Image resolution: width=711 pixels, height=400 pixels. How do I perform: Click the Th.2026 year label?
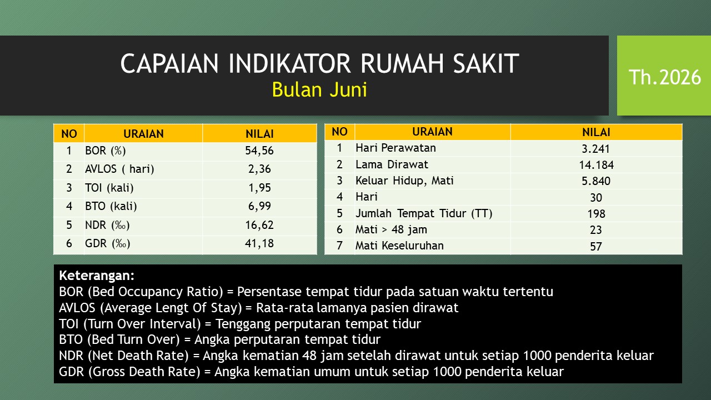click(x=665, y=77)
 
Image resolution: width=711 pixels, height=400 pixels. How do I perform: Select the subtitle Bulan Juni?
click(x=319, y=89)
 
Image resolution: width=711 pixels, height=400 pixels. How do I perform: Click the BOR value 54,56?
click(x=259, y=151)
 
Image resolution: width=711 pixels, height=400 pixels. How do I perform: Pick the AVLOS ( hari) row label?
click(x=119, y=169)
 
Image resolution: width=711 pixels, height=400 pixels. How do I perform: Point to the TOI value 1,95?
click(x=259, y=188)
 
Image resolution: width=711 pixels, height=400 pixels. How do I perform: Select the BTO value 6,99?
click(x=259, y=206)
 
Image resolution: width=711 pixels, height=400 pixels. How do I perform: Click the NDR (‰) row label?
click(x=107, y=225)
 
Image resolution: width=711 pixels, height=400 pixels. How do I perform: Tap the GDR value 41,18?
click(x=259, y=243)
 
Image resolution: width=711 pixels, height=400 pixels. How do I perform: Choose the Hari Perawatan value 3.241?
click(x=596, y=149)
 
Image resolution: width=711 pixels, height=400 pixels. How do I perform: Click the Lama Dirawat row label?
click(x=392, y=164)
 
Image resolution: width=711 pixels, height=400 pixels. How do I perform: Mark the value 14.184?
click(x=596, y=165)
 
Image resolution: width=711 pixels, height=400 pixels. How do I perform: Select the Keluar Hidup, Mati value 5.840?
click(x=596, y=181)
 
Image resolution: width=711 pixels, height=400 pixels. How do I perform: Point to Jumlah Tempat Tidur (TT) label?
click(x=424, y=213)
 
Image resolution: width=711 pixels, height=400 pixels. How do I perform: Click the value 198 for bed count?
click(x=596, y=214)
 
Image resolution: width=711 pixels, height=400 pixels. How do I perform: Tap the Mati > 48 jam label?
click(x=392, y=229)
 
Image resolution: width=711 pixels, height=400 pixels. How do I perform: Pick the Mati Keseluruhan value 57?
click(x=596, y=246)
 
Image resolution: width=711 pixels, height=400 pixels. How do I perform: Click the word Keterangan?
click(x=97, y=276)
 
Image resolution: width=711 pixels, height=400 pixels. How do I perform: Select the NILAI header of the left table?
click(x=259, y=134)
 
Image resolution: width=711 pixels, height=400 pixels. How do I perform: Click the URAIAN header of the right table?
click(x=432, y=132)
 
